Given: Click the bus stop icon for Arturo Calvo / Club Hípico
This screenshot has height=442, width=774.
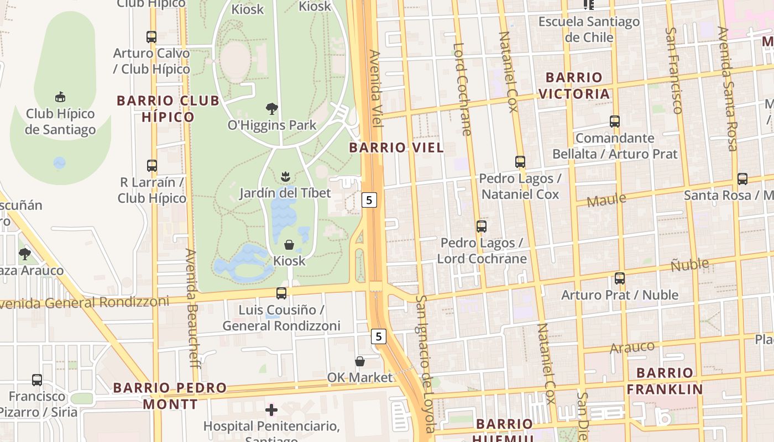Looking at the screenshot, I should [151, 37].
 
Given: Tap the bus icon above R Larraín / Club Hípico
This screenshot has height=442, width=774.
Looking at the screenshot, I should [151, 166].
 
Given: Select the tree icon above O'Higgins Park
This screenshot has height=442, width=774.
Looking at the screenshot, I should [271, 108].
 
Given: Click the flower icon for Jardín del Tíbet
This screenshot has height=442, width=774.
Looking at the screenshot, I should [285, 177].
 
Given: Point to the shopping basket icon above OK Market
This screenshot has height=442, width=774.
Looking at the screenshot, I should [360, 361].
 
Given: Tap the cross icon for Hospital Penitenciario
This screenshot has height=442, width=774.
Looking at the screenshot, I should [271, 410].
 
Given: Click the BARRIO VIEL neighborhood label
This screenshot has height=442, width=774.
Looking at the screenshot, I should [396, 148].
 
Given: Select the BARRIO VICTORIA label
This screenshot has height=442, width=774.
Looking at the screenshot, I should [574, 86].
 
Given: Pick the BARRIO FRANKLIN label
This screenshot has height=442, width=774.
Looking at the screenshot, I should [665, 381].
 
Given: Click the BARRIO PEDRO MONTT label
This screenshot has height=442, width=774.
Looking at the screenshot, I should [170, 396].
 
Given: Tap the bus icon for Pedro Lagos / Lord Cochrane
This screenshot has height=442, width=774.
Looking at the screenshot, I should [482, 227].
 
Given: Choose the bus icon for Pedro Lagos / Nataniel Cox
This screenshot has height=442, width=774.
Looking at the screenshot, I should [520, 162].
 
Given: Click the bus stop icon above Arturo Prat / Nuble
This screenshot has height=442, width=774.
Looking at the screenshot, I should [620, 278].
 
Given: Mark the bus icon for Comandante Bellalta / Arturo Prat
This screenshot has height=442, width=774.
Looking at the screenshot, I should [615, 122].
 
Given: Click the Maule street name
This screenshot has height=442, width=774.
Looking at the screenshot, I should [606, 199].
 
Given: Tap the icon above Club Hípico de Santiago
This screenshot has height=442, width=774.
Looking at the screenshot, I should [60, 97].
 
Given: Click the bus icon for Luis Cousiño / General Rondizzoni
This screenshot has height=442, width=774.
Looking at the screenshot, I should [281, 293].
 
